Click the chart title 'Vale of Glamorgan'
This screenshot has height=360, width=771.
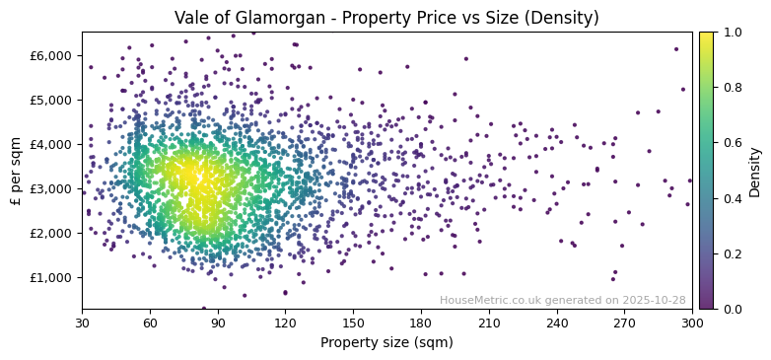[386, 18]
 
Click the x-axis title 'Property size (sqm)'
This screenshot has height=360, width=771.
[386, 343]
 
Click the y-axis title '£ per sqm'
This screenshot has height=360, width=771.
[16, 170]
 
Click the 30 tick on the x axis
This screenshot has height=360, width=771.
[82, 323]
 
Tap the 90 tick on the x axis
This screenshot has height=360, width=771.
[218, 323]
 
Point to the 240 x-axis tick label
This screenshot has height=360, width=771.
[557, 323]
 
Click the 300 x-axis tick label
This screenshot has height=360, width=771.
[692, 323]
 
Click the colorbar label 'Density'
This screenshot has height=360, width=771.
[755, 170]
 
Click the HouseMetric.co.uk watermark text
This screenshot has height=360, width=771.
[562, 300]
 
